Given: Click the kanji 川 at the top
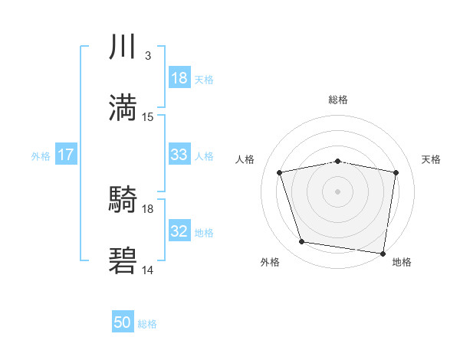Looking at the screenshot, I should tap(123, 47).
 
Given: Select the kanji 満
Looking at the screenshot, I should tap(123, 107).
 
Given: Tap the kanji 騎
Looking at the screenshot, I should tap(123, 201).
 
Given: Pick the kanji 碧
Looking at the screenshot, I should tap(123, 260).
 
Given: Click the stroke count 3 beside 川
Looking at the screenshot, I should tap(147, 56).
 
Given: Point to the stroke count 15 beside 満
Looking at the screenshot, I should tap(148, 116).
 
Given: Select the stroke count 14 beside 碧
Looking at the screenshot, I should tap(148, 270).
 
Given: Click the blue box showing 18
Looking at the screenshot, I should tap(179, 78).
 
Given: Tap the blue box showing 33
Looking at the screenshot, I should tap(179, 155).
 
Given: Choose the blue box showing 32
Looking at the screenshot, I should tap(179, 231).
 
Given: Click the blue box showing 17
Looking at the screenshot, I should tap(65, 155).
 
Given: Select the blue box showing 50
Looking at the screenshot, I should tap(123, 323).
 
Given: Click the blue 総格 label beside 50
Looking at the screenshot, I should tap(147, 324).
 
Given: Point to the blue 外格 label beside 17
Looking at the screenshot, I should tap(41, 155).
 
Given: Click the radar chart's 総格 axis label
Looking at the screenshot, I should tap(338, 100).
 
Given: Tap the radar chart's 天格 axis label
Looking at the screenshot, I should tap(431, 159).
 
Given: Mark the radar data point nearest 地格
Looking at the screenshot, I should tap(383, 253).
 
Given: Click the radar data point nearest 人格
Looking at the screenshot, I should tap(281, 172).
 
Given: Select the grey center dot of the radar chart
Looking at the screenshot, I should tap(338, 191).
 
